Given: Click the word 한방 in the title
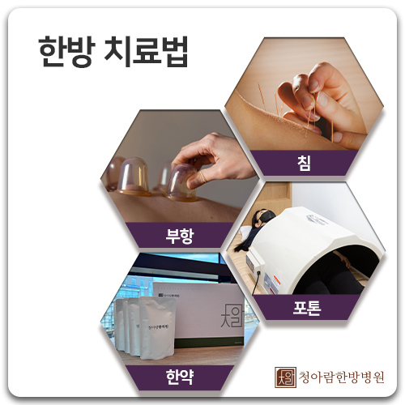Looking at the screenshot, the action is [66, 51].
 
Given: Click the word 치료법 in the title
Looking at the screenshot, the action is [146, 51].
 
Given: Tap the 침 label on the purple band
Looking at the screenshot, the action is [305, 163].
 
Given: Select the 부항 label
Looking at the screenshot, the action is [180, 236].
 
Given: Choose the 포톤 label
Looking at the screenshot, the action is [307, 308].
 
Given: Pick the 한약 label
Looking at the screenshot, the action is [180, 377].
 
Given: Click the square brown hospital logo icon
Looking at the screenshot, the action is [285, 377].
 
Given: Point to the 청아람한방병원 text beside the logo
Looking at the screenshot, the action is [341, 377].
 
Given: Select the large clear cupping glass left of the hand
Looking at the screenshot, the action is [133, 176].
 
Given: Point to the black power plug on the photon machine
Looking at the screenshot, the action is [258, 274].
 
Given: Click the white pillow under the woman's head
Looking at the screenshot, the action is [245, 233].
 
